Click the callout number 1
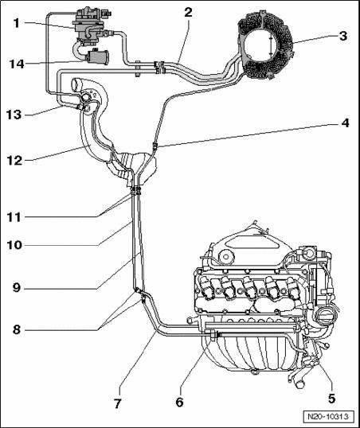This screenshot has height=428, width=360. click(17, 23)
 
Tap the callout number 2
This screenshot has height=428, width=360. click(188, 12)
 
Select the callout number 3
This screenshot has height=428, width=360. click(343, 36)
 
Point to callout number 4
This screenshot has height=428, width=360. click(345, 123)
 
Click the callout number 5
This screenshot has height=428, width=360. click(331, 399)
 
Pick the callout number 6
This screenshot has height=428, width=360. click(179, 402)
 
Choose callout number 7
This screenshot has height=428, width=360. click(117, 403)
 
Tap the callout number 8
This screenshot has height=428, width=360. click(17, 329)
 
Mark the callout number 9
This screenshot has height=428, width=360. click(17, 288)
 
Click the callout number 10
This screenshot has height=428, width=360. click(14, 245)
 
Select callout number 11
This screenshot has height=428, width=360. click(14, 217)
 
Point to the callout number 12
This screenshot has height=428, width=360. click(14, 160)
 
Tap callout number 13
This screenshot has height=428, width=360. click(14, 115)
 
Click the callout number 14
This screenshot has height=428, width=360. click(17, 64)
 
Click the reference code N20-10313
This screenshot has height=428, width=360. click(328, 417)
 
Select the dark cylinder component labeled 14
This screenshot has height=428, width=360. click(97, 56)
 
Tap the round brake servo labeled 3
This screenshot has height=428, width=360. click(264, 45)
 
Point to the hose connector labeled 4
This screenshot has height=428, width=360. click(155, 146)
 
